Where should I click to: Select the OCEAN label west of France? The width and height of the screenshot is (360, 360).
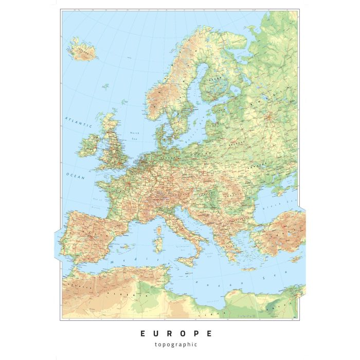click(75, 175)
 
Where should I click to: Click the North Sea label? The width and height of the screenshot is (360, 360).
click(135, 135)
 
